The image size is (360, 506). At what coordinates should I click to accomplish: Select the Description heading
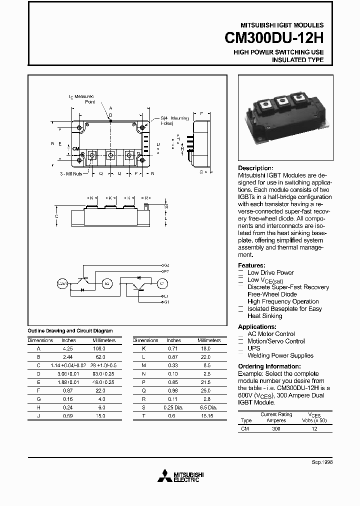[x=255, y=168]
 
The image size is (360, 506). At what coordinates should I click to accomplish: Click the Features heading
[x=251, y=265]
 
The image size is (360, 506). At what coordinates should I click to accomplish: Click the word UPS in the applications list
[x=254, y=348]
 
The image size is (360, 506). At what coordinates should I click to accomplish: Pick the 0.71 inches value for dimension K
[x=173, y=347]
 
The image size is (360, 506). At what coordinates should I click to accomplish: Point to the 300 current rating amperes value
[x=275, y=429]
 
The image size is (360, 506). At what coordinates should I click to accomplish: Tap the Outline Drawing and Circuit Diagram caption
[x=70, y=331]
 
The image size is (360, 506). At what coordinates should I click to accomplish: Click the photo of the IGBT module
[x=283, y=116]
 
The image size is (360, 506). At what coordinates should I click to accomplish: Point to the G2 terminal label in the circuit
[x=166, y=264]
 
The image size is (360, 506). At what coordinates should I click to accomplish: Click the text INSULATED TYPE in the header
[x=297, y=60]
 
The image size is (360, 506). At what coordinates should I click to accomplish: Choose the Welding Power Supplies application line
[x=280, y=355]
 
